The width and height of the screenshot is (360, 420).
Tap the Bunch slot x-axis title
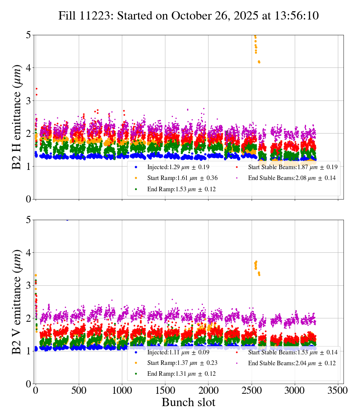pyautogui.click(x=189, y=403)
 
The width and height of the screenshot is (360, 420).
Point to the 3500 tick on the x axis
pyautogui.click(x=338, y=390)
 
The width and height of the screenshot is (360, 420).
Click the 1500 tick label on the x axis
pyautogui.click(x=165, y=390)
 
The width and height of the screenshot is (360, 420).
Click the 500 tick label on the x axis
pyautogui.click(x=79, y=390)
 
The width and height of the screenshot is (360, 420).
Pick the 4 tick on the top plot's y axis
pyautogui.click(x=29, y=68)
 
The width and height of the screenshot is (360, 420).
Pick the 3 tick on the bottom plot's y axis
pyautogui.click(x=29, y=285)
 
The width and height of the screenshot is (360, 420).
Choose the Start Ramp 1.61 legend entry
pyautogui.click(x=182, y=178)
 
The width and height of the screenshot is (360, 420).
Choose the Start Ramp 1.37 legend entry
pyautogui.click(x=182, y=363)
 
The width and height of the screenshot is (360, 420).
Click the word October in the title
pyautogui.click(x=189, y=16)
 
